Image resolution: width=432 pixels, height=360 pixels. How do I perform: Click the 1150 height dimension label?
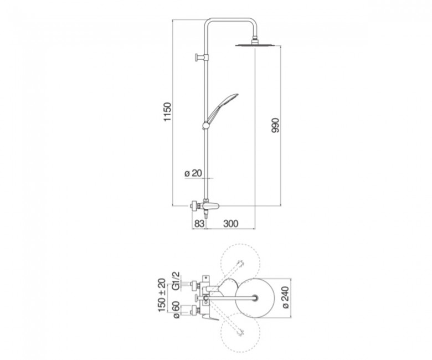tap(167, 111)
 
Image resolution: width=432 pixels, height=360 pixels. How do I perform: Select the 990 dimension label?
tap(275, 125)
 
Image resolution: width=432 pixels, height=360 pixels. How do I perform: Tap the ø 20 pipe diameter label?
tap(193, 173)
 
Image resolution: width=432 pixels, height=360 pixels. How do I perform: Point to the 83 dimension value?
tap(199, 223)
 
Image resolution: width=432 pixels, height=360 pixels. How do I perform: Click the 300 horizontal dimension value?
tap(230, 223)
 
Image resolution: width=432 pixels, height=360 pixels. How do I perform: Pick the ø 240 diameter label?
tap(285, 297)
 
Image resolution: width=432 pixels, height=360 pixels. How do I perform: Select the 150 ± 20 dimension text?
tap(162, 295)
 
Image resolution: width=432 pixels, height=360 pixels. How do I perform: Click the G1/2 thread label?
tap(176, 281)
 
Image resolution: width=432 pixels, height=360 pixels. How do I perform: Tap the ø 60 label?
tap(176, 310)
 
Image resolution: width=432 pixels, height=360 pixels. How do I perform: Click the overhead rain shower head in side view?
tap(257, 44)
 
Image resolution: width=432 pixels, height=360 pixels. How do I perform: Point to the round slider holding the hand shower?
tap(206, 125)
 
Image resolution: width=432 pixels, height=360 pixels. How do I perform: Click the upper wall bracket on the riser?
tap(202, 57)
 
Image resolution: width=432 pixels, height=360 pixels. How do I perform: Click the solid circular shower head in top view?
tap(255, 298)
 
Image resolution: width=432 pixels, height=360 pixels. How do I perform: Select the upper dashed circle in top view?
tap(240, 263)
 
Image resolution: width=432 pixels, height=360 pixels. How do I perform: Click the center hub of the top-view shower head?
tap(256, 298)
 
